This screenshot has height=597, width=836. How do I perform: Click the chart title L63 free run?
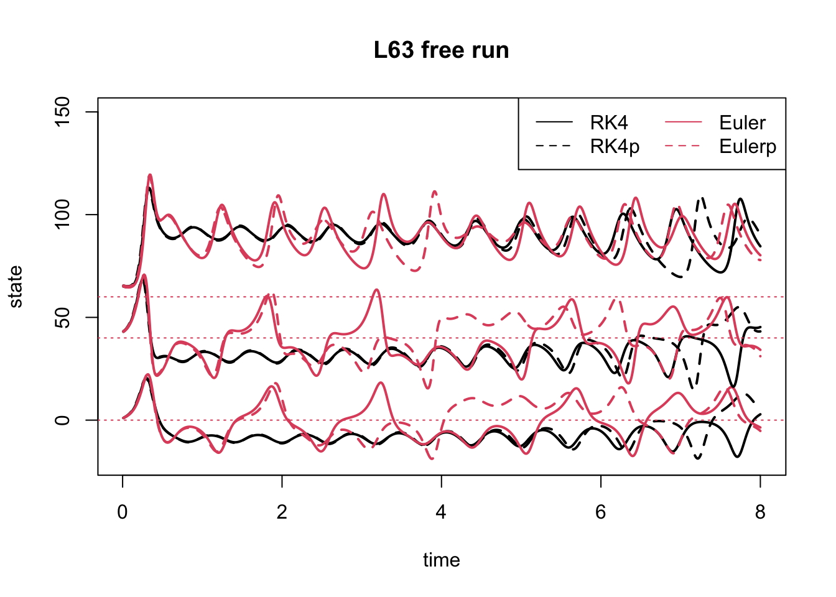coord(441,50)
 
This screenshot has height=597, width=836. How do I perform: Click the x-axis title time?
coord(441,560)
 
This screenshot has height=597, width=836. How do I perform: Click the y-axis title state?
coord(16,287)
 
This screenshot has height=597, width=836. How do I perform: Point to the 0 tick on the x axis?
coord(123,512)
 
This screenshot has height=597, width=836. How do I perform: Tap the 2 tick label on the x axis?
coord(282,512)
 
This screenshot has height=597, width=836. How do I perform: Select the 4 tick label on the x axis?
coord(441,512)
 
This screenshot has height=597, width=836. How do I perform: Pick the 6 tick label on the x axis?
coord(600,512)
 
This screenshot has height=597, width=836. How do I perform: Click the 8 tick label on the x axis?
coord(759,512)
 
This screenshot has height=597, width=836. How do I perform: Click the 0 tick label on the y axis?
coord(62,420)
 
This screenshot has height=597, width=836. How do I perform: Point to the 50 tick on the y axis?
coord(62,317)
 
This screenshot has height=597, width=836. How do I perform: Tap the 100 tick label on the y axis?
coord(62,215)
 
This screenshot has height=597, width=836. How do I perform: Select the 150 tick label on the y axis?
coord(62,112)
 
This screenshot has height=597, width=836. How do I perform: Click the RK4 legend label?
coord(609,123)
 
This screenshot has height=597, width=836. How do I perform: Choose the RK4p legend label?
coord(615,147)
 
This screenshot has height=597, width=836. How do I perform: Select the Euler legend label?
coord(742,123)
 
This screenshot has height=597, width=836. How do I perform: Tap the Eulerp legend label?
coord(748,147)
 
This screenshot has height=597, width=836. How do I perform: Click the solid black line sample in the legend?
coord(554,122)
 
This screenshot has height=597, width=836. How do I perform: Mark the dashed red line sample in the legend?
coord(683,146)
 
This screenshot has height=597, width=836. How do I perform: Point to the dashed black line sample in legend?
coord(554,146)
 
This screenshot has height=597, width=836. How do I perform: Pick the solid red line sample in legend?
coord(683,122)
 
